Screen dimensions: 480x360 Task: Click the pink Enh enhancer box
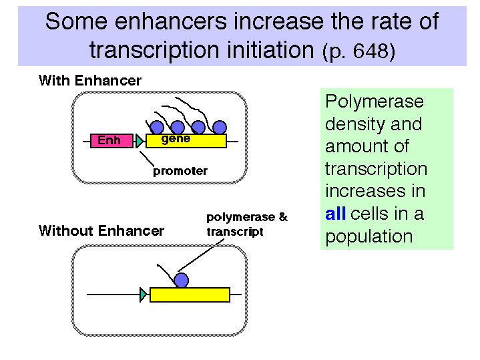coord(111,141)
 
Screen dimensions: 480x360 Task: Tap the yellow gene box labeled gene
coord(186,141)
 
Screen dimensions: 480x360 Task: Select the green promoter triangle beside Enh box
coord(140,141)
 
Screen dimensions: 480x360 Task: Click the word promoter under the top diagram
coord(180,171)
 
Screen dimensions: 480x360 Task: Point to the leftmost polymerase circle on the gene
coord(158,127)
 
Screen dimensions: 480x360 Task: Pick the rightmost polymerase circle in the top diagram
coord(220,127)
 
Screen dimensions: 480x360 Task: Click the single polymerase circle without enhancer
coord(181,281)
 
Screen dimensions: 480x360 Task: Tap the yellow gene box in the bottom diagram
coord(190,295)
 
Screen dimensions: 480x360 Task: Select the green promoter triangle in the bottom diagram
coord(144,295)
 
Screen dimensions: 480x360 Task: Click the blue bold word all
coord(336,214)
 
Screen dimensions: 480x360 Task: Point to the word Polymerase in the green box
coord(375,102)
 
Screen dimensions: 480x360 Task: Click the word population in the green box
coord(369,237)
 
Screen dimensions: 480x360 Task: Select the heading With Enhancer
coord(90,81)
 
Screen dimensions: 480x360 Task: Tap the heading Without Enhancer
coord(101,230)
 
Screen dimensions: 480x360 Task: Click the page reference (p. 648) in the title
coord(358,51)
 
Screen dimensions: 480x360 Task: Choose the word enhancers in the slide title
coord(171,21)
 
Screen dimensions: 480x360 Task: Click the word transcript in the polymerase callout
coord(235,232)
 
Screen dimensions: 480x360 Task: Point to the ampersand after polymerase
coord(283,217)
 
